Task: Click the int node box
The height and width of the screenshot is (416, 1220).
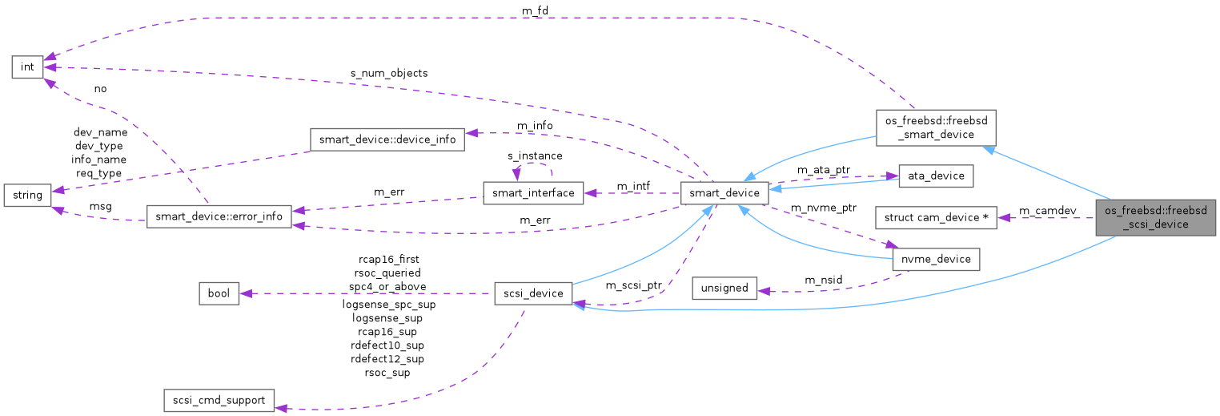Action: pyautogui.click(x=27, y=67)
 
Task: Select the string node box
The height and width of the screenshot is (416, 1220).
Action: pyautogui.click(x=27, y=195)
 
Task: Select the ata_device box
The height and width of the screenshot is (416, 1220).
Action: pyautogui.click(x=935, y=176)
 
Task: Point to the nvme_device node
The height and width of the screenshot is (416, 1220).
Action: pyautogui.click(x=935, y=259)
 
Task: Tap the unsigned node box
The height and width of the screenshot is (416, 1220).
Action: pyautogui.click(x=724, y=288)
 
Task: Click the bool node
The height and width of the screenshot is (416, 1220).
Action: pyautogui.click(x=219, y=293)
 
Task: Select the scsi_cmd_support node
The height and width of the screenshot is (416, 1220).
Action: pyautogui.click(x=219, y=400)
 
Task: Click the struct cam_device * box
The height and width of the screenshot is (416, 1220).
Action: pyautogui.click(x=935, y=217)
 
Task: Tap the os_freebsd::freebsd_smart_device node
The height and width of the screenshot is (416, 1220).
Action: pyautogui.click(x=935, y=127)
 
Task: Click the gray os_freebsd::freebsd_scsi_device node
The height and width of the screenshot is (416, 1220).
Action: pyautogui.click(x=1157, y=217)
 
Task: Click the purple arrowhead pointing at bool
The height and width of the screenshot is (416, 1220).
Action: pyautogui.click(x=244, y=293)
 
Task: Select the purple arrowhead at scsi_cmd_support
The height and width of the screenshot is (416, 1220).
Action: pyautogui.click(x=281, y=407)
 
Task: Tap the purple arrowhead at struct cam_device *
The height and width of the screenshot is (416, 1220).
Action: pyautogui.click(x=1002, y=217)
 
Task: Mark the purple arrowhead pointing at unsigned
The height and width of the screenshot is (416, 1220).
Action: pyautogui.click(x=763, y=290)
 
